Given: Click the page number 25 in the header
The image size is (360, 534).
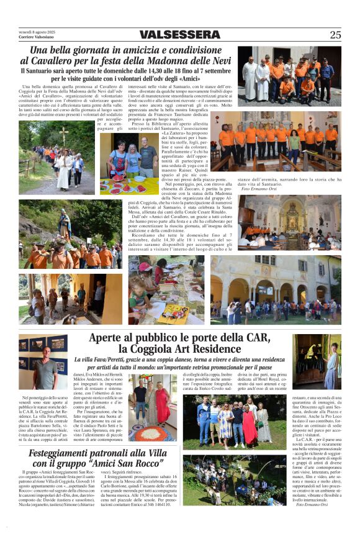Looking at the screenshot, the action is [x=335, y=35].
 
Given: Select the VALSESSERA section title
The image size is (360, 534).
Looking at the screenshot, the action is [x=179, y=35].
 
